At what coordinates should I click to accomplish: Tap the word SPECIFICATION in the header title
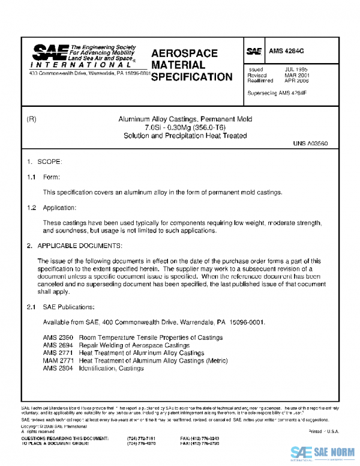click(191, 77)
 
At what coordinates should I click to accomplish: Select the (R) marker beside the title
click(32, 120)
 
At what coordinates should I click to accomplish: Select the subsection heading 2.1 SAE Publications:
click(58, 307)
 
